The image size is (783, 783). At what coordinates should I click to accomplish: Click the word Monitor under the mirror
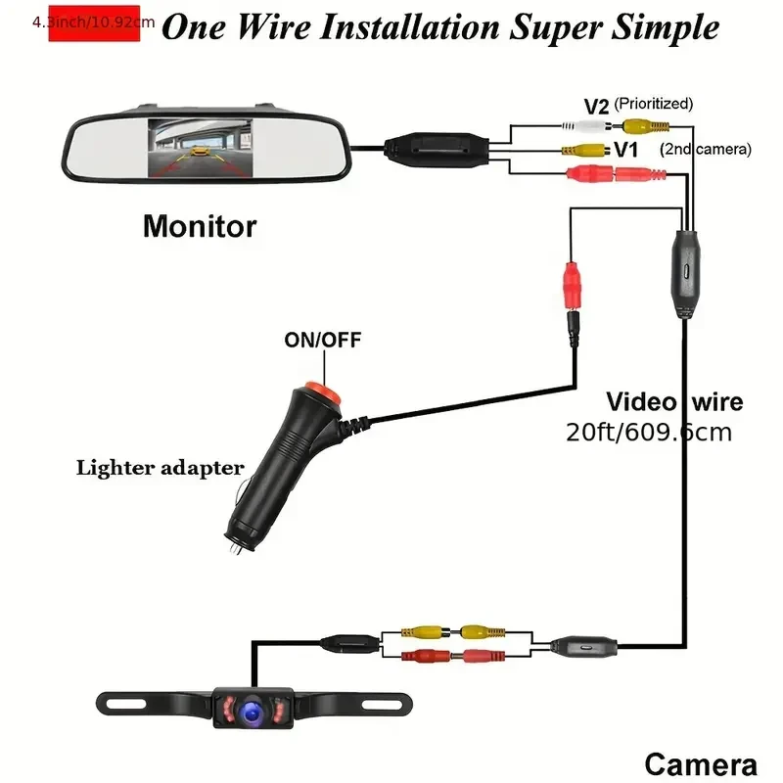[x=200, y=227]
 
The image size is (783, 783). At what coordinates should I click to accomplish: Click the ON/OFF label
[x=322, y=341]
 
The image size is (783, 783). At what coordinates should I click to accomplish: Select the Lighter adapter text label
[x=161, y=468]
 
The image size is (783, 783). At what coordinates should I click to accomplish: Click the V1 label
[x=627, y=150]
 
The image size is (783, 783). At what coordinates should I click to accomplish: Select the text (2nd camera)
[x=706, y=150]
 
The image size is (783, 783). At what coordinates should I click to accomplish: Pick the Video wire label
[x=674, y=401]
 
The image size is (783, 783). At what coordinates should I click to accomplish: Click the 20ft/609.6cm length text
[x=649, y=432]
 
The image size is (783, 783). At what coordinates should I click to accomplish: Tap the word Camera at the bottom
[x=700, y=764]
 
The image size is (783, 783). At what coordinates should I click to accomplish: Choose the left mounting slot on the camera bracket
[x=123, y=701]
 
